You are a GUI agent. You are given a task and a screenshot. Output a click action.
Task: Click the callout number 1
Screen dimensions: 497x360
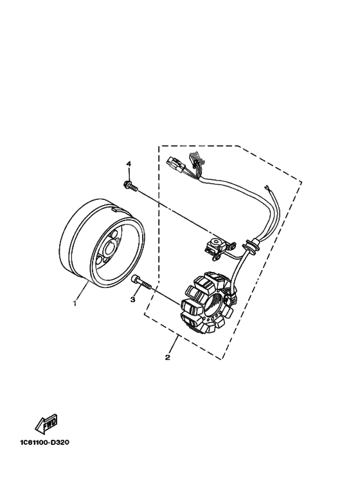tap(75, 303)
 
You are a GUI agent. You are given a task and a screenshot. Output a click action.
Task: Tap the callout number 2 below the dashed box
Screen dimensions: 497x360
tap(168, 357)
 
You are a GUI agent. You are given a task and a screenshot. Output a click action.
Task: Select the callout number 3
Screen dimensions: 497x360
tap(132, 299)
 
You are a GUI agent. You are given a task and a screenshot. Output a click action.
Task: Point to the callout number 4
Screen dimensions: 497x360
tap(129, 164)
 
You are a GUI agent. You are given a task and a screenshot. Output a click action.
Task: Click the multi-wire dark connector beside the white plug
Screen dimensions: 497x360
tap(194, 159)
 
